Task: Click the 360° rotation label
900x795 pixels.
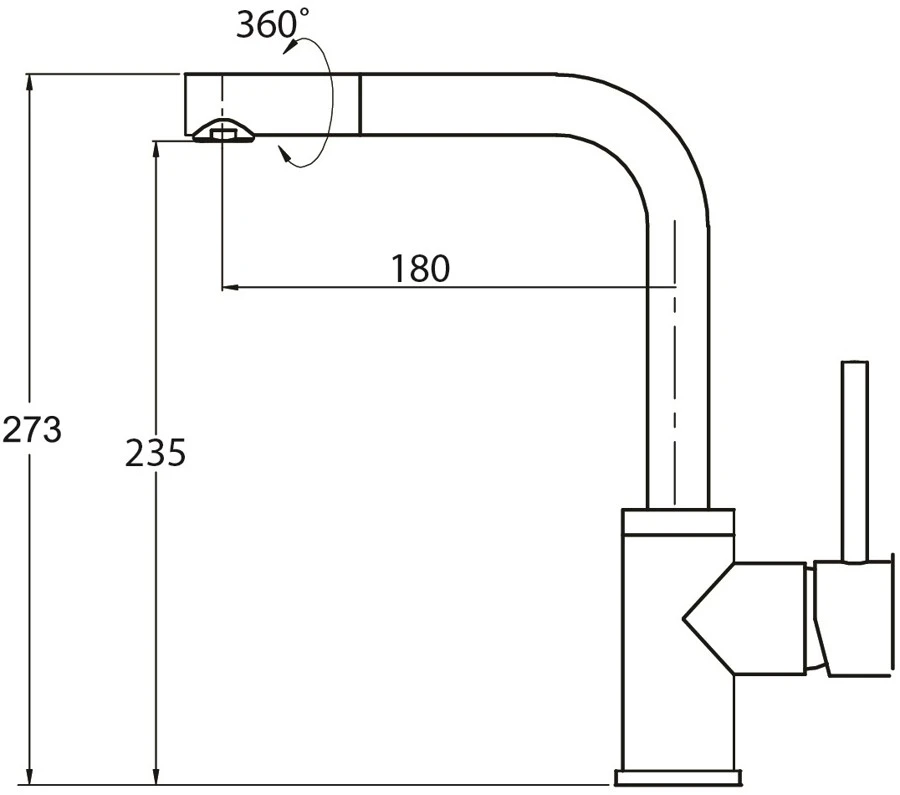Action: (272, 25)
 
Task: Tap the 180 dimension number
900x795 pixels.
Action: (420, 268)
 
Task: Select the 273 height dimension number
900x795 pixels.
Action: (32, 429)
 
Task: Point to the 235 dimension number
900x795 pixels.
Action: (156, 452)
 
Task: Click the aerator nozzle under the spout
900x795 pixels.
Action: (223, 131)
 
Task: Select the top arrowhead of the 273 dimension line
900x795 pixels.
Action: (29, 84)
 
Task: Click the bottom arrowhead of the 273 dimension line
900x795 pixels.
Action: (29, 774)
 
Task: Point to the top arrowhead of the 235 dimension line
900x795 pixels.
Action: (156, 151)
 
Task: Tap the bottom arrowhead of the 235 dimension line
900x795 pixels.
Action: (156, 774)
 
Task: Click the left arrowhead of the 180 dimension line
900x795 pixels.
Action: (231, 286)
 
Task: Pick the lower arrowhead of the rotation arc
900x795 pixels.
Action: (285, 154)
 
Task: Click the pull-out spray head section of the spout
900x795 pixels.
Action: (273, 104)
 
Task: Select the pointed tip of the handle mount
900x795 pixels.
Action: (684, 619)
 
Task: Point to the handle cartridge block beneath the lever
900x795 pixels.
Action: (853, 617)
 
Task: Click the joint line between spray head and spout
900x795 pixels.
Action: (360, 104)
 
